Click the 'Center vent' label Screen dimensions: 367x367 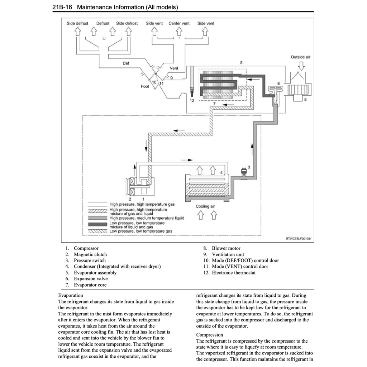pos(179,23)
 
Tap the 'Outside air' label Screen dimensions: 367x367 pos(301,57)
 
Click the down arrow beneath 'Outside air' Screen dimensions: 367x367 pos(301,66)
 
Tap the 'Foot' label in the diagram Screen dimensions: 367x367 pos(145,86)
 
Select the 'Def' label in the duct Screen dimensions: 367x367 pos(126,63)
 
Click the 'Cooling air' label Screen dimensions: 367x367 pos(205,206)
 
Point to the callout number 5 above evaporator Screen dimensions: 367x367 pos(241,63)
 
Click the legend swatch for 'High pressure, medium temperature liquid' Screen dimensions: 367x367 pos(98,218)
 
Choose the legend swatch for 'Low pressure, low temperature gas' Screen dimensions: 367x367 pos(98,231)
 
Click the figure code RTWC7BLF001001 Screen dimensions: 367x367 pos(299,238)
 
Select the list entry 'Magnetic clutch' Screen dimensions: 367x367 pos(90,254)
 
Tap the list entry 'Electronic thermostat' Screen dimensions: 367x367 pos(234,273)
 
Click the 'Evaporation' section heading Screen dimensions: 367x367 pos(71,295)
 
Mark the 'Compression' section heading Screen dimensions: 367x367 pos(210,335)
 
